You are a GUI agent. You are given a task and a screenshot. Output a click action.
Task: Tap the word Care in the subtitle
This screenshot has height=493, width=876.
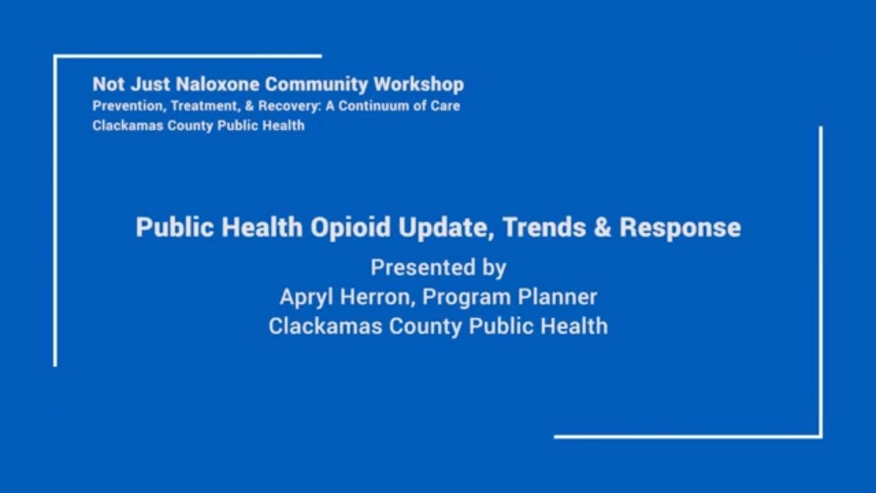pos(446,106)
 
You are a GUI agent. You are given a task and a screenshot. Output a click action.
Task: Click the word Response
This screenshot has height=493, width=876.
pos(680,228)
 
